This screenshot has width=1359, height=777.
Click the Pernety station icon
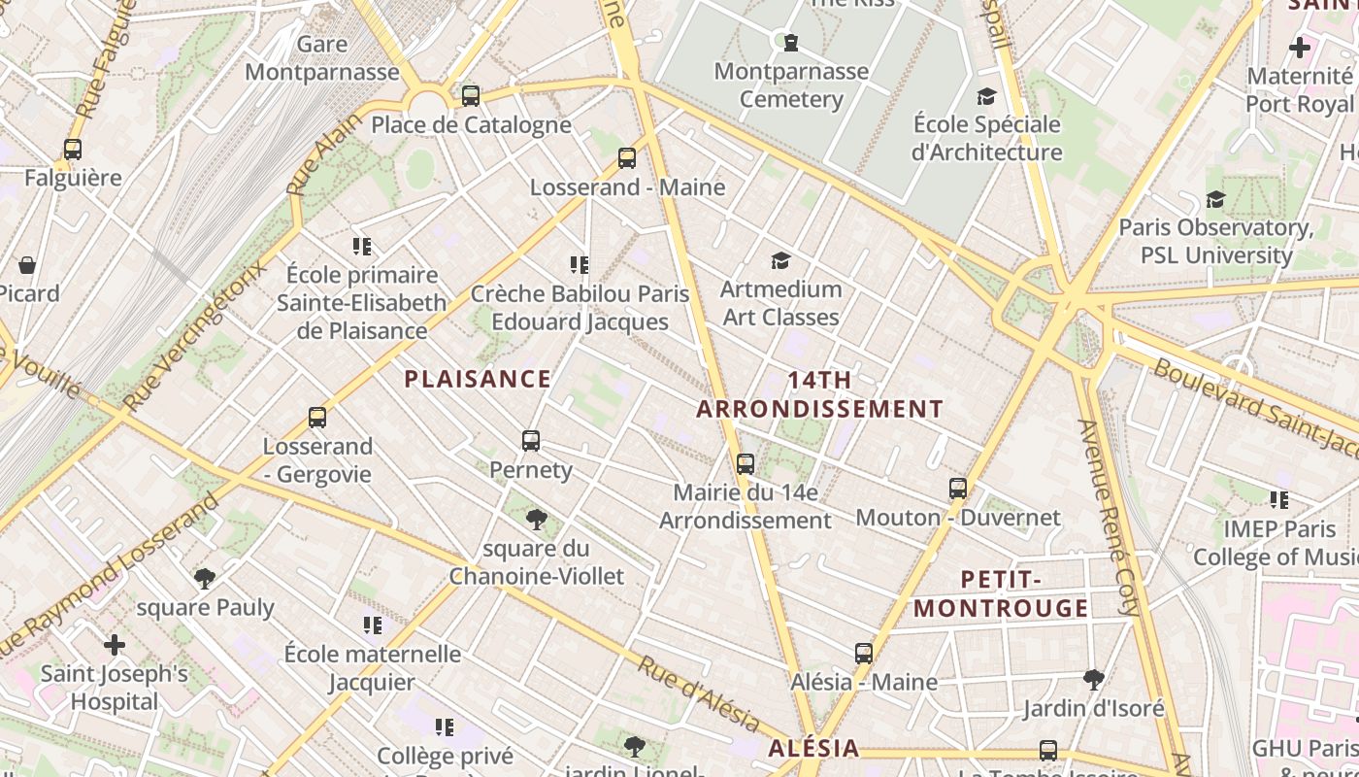pyautogui.click(x=530, y=441)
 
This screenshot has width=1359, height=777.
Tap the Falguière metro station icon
pyautogui.click(x=73, y=150)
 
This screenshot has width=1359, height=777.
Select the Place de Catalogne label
pyautogui.click(x=471, y=124)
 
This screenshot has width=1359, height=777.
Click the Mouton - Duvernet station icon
pyautogui.click(x=958, y=489)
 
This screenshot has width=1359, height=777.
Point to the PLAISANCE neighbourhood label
pyautogui.click(x=478, y=379)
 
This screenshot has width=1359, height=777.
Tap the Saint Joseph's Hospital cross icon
pyautogui.click(x=115, y=645)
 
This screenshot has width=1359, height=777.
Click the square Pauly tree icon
pyautogui.click(x=205, y=579)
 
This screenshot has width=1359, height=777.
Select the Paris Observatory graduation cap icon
pyautogui.click(x=1215, y=199)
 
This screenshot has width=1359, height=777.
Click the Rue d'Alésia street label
pyautogui.click(x=698, y=693)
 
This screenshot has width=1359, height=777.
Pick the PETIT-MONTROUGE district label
pyautogui.click(x=1002, y=594)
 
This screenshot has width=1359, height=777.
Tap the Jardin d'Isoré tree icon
pyautogui.click(x=1094, y=679)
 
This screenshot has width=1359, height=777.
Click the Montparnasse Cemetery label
pyautogui.click(x=791, y=85)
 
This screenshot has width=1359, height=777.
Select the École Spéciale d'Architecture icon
pyautogui.click(x=987, y=96)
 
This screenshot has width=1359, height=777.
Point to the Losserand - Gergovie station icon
pyautogui.click(x=317, y=418)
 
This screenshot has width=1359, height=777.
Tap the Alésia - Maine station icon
pyautogui.click(x=864, y=654)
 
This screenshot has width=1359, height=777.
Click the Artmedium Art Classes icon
pyautogui.click(x=780, y=260)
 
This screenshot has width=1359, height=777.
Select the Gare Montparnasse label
pyautogui.click(x=322, y=58)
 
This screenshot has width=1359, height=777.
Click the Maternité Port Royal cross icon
pyautogui.click(x=1299, y=47)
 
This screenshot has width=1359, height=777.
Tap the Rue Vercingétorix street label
pyautogui.click(x=194, y=336)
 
